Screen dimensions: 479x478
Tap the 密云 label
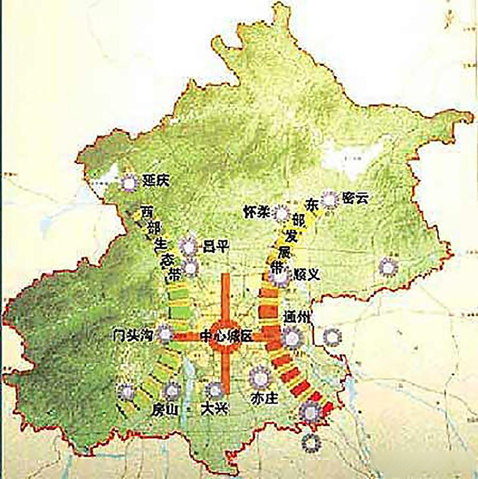[355, 198]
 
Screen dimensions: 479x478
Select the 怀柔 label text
[257, 212]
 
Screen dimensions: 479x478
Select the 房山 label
[164, 410]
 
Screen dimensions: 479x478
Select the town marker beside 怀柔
[281, 214]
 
